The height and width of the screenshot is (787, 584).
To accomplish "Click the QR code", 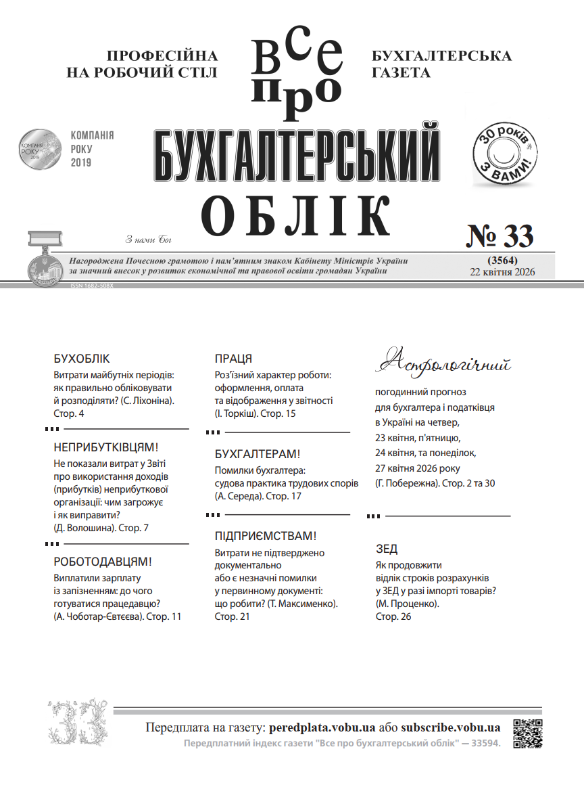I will pyautogui.click(x=528, y=733).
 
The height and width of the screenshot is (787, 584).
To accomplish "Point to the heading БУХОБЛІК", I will pyautogui.click(x=81, y=359).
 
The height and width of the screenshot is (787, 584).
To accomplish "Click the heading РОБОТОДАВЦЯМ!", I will pyautogui.click(x=103, y=562).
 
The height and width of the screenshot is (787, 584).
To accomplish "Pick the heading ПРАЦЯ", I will pyautogui.click(x=233, y=359).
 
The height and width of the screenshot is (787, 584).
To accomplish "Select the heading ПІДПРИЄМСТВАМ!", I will pyautogui.click(x=265, y=536).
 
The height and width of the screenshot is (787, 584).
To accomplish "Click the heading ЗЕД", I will pyautogui.click(x=387, y=549).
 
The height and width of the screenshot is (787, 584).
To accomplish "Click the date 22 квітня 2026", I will pyautogui.click(x=502, y=272).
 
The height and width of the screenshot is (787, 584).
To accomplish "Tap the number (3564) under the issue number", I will pyautogui.click(x=502, y=261).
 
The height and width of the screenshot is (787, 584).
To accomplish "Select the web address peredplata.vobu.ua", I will pyautogui.click(x=322, y=728).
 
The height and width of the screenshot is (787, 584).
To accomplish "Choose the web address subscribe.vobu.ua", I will pyautogui.click(x=450, y=728).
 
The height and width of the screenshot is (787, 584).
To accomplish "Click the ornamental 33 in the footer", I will pyautogui.click(x=77, y=721).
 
